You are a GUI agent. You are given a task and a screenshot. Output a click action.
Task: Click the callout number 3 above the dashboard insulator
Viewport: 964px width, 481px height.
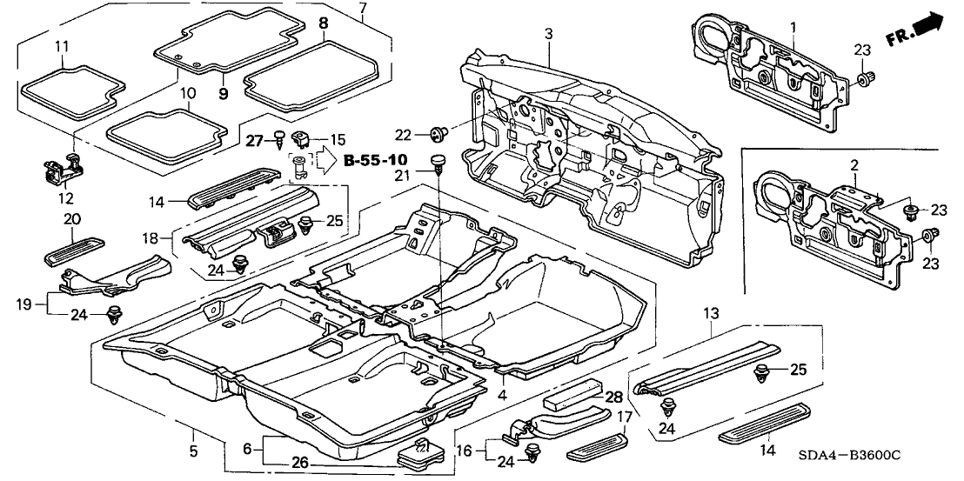pos(549,34)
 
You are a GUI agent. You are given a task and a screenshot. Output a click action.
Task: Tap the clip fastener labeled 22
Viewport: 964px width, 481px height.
pos(437,133)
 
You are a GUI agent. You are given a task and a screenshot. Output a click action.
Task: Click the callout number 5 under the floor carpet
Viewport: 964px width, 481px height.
pos(193,451)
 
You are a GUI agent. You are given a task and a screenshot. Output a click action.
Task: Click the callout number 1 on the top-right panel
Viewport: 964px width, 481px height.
pos(793,29)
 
